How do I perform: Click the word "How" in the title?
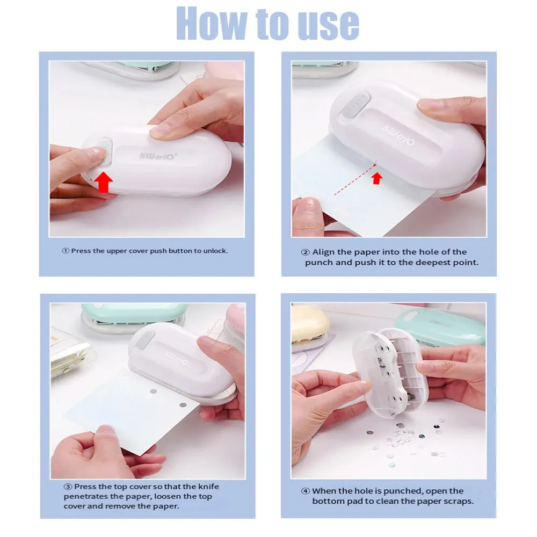211,23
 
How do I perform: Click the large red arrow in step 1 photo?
103,182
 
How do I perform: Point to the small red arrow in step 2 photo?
377,178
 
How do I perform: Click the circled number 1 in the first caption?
66,251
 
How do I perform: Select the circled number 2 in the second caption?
306,252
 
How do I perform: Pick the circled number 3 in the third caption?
68,487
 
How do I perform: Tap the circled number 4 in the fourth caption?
306,491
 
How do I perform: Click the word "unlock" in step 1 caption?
215,251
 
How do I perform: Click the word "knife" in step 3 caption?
209,487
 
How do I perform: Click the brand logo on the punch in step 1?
157,156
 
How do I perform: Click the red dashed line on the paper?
355,180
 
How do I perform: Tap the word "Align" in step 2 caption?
323,252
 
